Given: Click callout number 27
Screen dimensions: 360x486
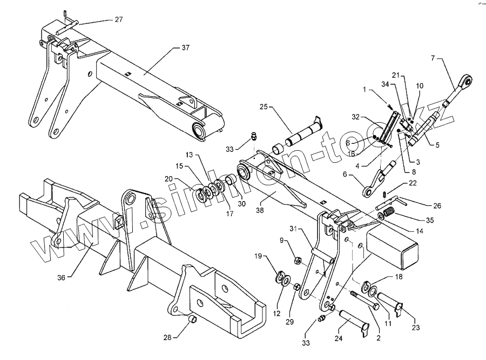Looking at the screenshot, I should coord(118,19).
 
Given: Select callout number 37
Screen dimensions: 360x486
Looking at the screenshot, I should coord(185,48).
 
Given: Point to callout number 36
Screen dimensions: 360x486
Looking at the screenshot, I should coord(62,277).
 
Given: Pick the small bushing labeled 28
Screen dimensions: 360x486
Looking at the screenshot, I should coord(192,323).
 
